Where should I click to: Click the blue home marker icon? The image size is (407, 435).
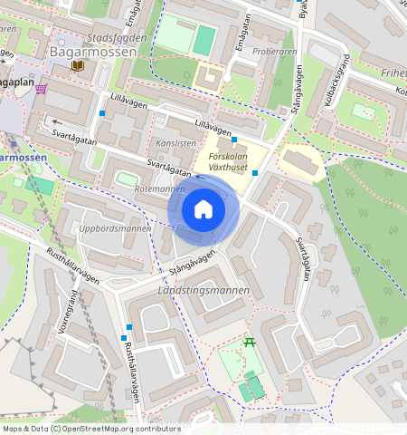coord(203,209)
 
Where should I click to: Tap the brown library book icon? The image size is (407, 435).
coord(79,66)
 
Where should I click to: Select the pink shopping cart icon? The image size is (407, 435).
coord(42,88)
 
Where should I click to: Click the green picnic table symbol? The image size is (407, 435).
coord(250,343)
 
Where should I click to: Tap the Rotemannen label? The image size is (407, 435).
coord(159,189)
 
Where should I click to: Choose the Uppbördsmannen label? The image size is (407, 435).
coord(115,228)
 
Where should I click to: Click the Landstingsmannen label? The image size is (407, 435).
coord(203,290)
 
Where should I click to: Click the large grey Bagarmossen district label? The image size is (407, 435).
coord(93,53)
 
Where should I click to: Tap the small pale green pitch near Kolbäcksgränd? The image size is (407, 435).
coord(364,111)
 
